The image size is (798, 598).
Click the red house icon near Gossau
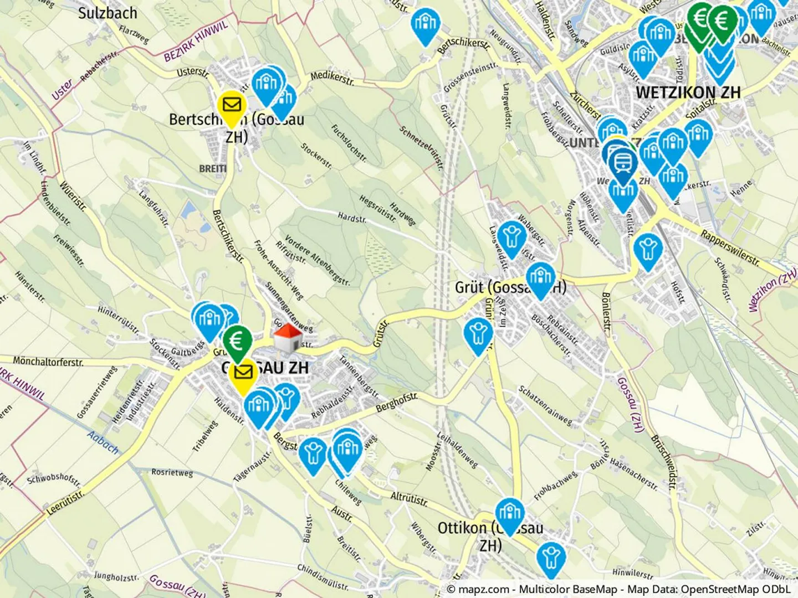tap(288, 337)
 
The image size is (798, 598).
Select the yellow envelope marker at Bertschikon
tap(232, 105)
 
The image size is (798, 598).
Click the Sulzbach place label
tap(108, 13)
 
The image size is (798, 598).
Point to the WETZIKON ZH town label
tap(688, 92)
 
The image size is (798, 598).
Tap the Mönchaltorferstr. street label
tap(48, 362)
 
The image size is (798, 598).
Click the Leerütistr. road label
tap(65, 502)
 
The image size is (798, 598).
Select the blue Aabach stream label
tap(103, 443)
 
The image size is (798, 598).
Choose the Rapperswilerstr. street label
tap(730, 247)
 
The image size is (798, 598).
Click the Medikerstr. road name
tap(331, 78)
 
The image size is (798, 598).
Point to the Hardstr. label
tap(352, 218)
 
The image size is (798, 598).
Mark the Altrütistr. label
tap(409, 498)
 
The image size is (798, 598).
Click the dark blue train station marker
tap(622, 160)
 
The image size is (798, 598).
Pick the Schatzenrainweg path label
tap(545, 406)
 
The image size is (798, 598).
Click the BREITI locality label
tap(213, 168)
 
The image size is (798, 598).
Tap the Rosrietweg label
tap(172, 473)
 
